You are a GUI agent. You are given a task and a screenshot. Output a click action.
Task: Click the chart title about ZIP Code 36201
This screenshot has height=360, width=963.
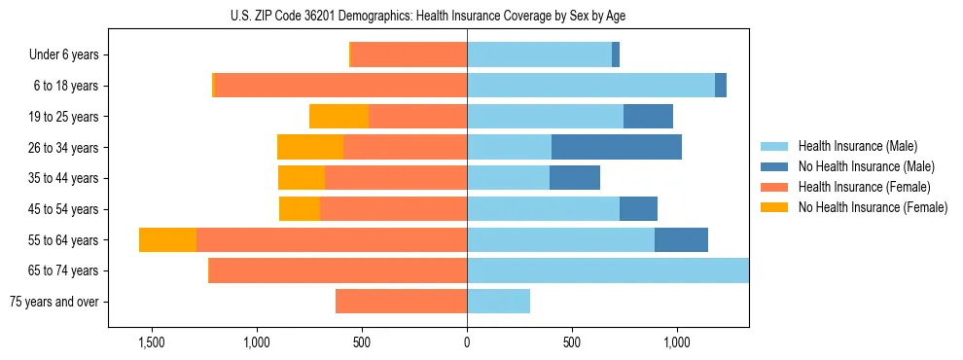[x=428, y=17]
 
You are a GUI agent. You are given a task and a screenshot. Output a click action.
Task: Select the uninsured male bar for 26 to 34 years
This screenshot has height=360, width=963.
[x=616, y=147]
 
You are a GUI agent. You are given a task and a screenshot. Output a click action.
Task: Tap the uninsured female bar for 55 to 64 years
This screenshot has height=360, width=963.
[x=167, y=239]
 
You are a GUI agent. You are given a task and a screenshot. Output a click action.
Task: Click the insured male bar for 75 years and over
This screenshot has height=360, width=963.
[x=498, y=302]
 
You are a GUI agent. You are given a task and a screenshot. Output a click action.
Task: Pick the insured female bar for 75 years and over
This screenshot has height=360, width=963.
[x=401, y=302]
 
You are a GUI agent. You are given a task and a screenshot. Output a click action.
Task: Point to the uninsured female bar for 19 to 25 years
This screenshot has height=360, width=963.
[x=339, y=116]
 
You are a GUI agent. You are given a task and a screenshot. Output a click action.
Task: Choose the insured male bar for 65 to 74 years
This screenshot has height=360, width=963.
[x=607, y=270]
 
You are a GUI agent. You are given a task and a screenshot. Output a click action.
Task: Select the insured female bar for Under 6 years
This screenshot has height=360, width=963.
[x=409, y=54]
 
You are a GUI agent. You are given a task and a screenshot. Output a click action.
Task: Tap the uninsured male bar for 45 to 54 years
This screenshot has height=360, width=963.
[x=638, y=208]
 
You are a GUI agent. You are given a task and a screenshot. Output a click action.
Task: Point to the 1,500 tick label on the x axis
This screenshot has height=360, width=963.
[x=151, y=343]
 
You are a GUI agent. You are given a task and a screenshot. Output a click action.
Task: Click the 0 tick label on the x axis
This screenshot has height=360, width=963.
[x=467, y=343]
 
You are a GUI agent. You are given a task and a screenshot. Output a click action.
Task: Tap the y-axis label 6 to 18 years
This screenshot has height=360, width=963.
[x=66, y=86]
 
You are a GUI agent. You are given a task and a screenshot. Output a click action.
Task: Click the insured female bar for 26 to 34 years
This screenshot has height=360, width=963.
[x=405, y=147]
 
